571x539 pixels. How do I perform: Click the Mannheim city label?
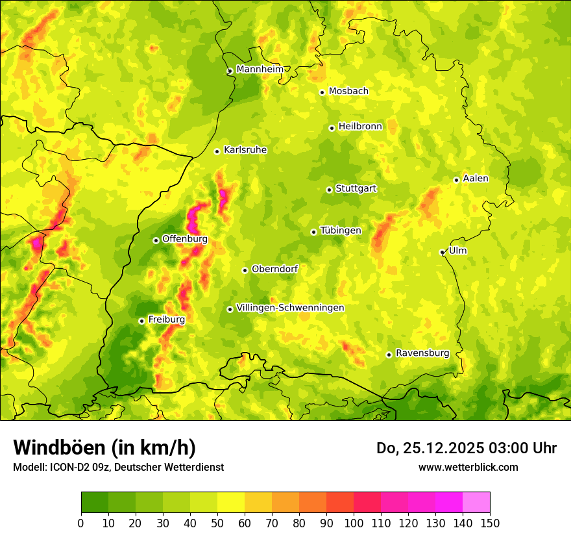[260, 69]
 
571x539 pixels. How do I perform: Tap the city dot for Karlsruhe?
[217, 151]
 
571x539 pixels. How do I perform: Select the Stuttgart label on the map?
[356, 189]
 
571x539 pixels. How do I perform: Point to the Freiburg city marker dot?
[141, 321]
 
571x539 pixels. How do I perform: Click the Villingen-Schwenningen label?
[290, 308]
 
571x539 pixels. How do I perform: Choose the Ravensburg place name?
[422, 353]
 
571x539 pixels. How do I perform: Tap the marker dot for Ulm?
[443, 252]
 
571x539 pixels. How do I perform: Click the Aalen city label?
[476, 179]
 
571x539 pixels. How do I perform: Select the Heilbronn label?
[360, 127]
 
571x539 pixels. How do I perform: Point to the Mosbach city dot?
[322, 92]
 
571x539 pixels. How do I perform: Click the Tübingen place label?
[341, 231]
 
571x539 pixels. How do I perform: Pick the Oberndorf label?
[274, 269]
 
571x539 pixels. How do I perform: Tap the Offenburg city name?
[185, 239]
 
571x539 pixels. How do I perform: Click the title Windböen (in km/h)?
[104, 447]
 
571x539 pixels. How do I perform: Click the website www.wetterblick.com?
[468, 467]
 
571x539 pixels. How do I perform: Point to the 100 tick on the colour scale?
[354, 523]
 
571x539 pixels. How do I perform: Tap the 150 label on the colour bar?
[490, 523]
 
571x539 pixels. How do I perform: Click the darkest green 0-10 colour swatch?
[95, 502]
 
